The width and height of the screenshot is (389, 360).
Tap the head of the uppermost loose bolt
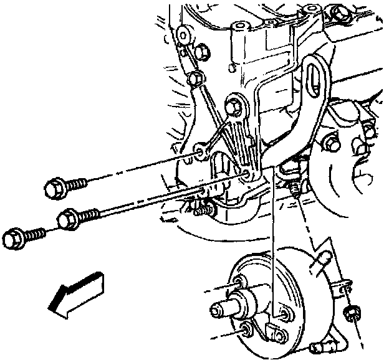pyautogui.click(x=54, y=186)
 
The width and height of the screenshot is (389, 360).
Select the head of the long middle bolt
pyautogui.click(x=66, y=219)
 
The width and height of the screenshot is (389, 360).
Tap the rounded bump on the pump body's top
pyautogui.click(x=324, y=258)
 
